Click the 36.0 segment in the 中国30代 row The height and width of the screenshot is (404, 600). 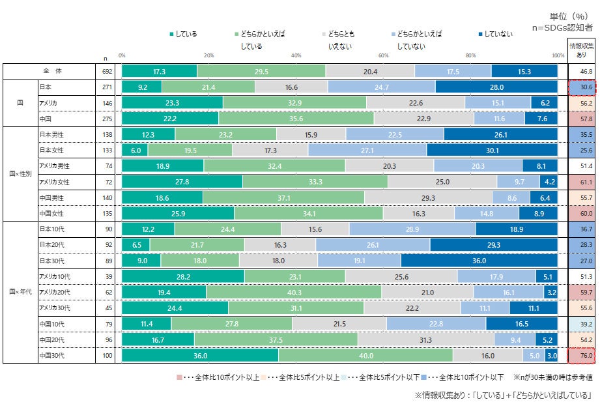coord(200,355)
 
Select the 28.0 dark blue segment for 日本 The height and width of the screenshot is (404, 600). coord(496,87)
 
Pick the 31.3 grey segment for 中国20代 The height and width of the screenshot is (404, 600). coord(425,339)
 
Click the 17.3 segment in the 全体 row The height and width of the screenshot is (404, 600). coord(159,71)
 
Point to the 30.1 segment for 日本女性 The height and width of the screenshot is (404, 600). coord(492,150)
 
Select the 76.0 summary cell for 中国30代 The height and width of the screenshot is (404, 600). coord(582,355)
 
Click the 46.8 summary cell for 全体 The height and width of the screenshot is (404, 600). coord(582,71)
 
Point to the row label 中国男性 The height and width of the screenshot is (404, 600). coord(51,197)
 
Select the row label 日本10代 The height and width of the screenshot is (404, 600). coord(51,229)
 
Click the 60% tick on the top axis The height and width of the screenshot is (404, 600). coord(384,56)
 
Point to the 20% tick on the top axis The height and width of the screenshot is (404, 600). coord(209,56)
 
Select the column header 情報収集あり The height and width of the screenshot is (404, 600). coord(582,51)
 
